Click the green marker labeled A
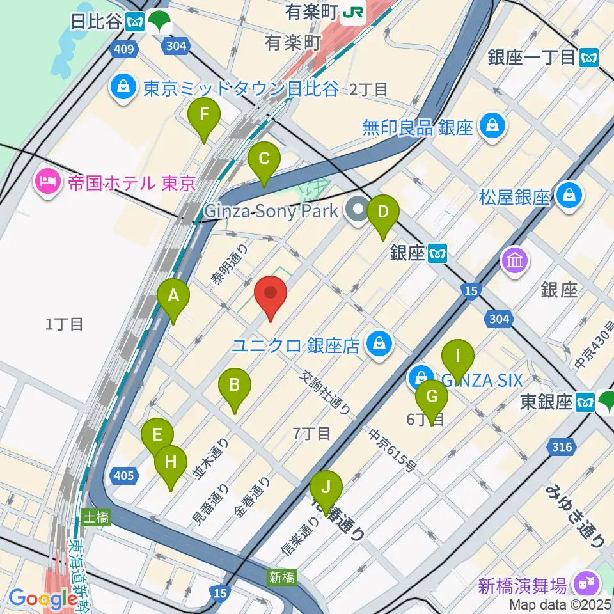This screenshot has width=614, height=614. tap(173, 296)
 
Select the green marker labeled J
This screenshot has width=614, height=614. tap(327, 489)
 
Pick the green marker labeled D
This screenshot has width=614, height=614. tap(382, 212)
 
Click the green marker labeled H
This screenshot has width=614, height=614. tap(171, 462)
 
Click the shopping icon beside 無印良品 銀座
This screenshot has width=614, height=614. tap(494, 127)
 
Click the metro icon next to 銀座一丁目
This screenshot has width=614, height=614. tap(589, 58)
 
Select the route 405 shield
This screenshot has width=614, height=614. tap(125, 475)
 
